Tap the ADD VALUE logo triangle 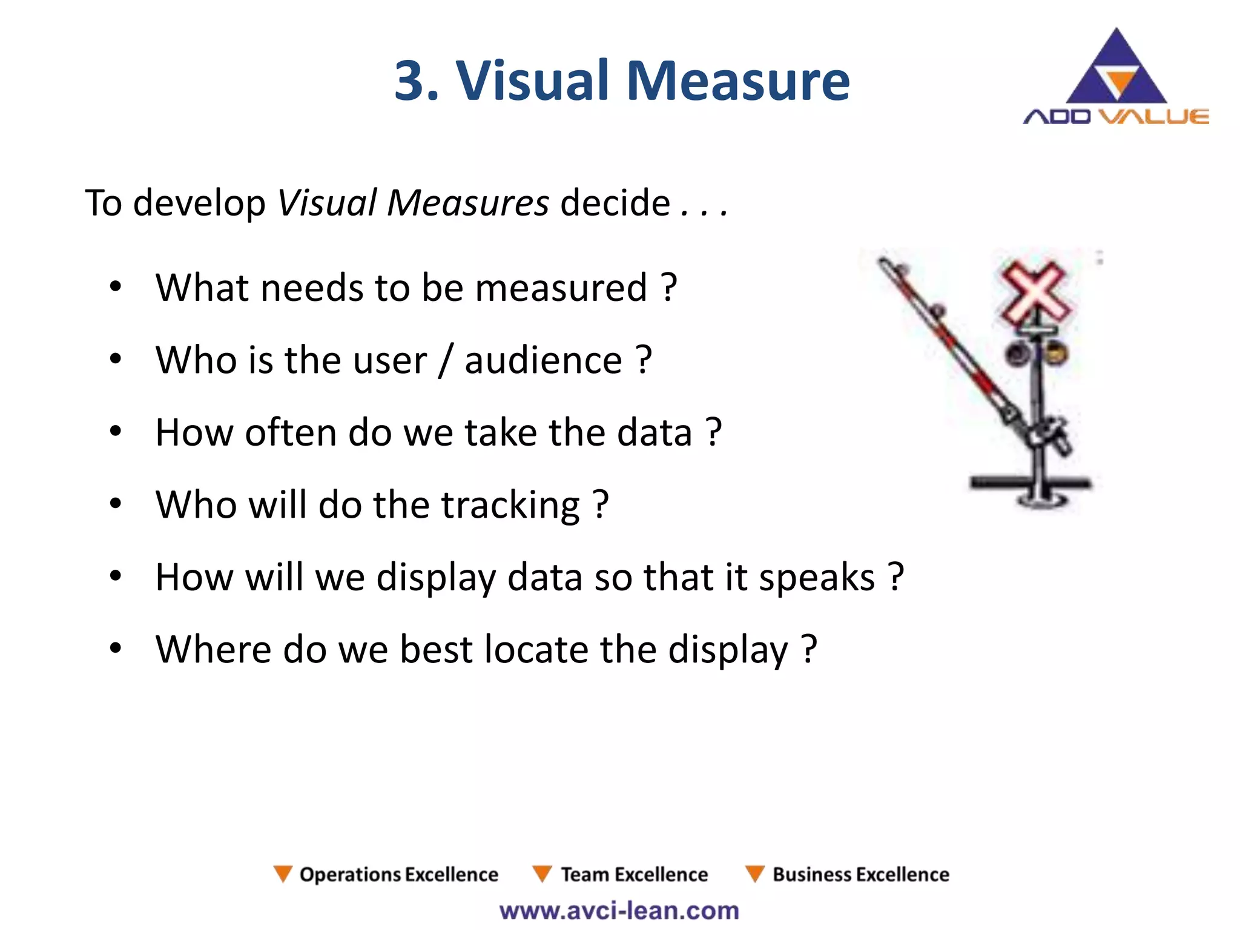point(1116,70)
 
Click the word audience point(543,360)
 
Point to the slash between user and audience point(446,361)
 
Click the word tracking point(510,505)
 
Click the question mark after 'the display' point(810,649)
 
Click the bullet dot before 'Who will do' point(116,504)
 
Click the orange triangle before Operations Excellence point(283,874)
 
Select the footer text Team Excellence point(634,874)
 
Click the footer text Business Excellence point(860,874)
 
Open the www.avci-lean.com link point(619,911)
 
